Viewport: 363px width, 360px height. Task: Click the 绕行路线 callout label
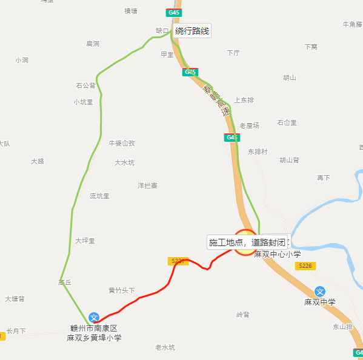click(192, 31)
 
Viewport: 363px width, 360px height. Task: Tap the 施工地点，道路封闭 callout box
click(247, 242)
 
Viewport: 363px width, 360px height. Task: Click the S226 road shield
click(305, 266)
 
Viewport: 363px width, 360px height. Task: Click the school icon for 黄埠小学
click(94, 317)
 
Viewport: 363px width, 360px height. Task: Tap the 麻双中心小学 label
click(277, 255)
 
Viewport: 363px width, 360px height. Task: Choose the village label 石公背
click(85, 85)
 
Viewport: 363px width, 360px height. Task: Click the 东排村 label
click(258, 152)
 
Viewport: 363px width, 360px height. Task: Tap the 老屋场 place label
click(249, 125)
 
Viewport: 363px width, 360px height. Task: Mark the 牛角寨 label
click(352, 24)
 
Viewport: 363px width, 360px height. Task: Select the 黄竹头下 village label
click(121, 290)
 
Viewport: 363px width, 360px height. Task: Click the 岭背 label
click(242, 315)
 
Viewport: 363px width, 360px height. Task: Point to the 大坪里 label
click(85, 241)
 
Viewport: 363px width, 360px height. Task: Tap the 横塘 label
click(131, 11)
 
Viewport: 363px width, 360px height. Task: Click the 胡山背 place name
click(289, 160)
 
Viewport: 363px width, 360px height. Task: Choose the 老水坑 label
click(165, 347)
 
